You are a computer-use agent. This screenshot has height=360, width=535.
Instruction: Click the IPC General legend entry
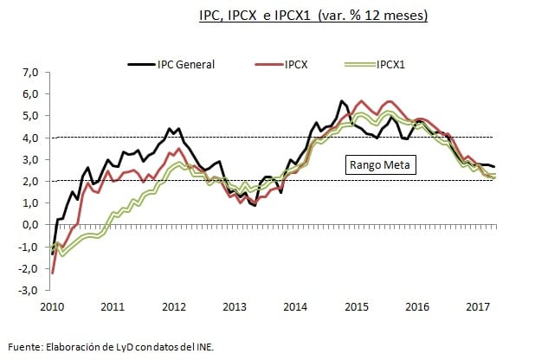tap(185, 63)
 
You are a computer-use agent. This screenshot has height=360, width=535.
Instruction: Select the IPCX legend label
tap(299, 63)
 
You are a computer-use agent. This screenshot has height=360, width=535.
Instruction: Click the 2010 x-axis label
tap(51, 307)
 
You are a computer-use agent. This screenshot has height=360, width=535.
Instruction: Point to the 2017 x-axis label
tap(478, 307)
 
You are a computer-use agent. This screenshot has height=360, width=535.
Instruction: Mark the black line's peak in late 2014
tap(341, 101)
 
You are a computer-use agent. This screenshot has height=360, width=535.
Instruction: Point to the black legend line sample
tap(140, 63)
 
